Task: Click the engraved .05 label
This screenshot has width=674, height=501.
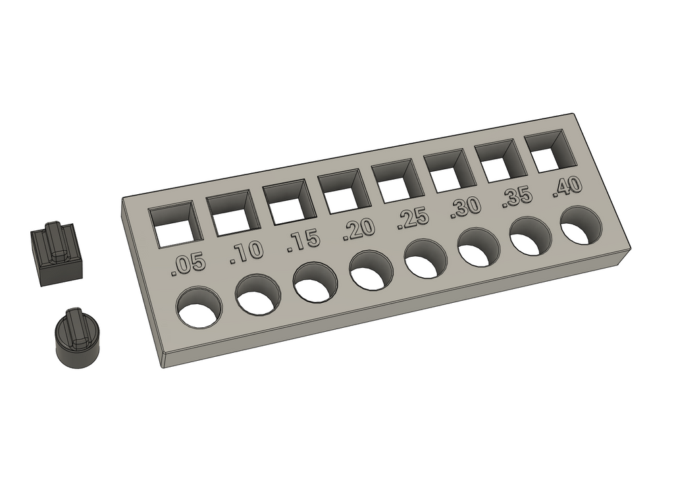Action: point(188,265)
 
